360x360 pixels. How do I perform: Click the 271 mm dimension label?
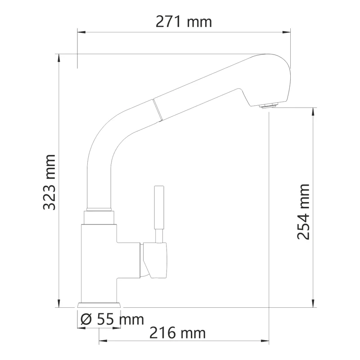(x=184, y=21)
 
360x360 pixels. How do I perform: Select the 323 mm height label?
(x=49, y=182)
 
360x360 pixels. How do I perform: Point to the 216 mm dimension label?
(x=177, y=333)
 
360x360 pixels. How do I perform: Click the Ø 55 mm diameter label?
(x=112, y=319)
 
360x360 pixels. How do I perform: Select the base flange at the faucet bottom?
(x=99, y=305)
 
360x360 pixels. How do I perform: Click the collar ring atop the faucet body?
(x=99, y=210)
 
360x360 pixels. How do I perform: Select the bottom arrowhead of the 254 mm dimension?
(x=313, y=304)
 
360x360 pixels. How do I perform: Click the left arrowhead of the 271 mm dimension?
(x=81, y=32)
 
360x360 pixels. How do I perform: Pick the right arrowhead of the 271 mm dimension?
(x=287, y=32)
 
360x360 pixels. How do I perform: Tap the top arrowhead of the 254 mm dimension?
(x=313, y=111)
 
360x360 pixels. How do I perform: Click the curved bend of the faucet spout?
(x=106, y=130)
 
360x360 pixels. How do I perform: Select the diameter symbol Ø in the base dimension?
(x=86, y=319)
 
